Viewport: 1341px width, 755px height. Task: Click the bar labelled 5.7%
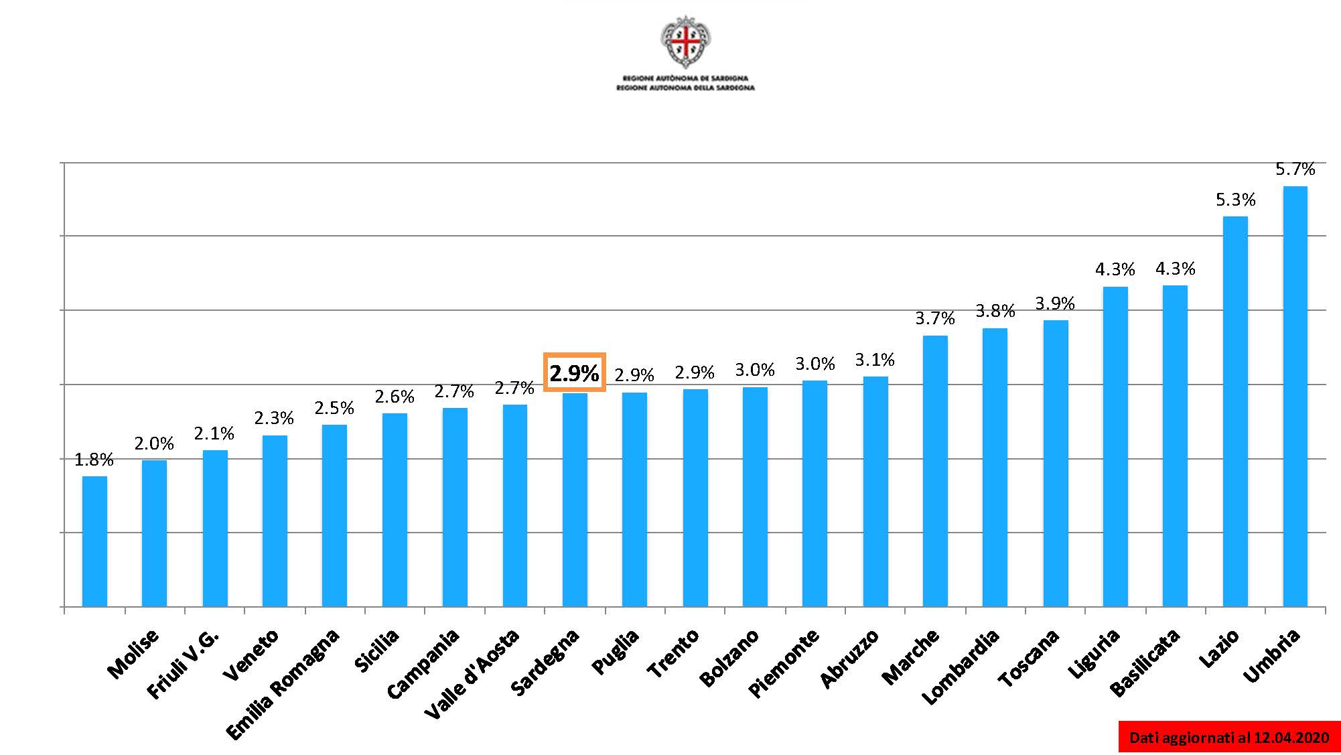click(1295, 396)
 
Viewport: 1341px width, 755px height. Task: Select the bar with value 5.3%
click(1235, 411)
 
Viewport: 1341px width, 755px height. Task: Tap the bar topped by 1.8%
click(94, 541)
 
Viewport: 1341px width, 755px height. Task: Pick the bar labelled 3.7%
click(935, 471)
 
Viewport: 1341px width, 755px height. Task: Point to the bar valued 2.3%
click(275, 521)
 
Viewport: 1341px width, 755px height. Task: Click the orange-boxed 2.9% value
click(574, 372)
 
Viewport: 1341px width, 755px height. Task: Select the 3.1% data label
click(875, 360)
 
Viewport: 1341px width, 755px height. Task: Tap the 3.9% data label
click(1055, 303)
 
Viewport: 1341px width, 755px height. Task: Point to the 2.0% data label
click(154, 443)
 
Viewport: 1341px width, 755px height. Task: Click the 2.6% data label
click(395, 397)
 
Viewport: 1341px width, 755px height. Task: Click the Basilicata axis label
click(1143, 663)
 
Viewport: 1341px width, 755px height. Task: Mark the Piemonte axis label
click(782, 663)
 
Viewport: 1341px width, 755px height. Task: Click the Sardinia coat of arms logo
click(685, 42)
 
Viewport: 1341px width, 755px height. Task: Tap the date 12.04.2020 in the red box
click(1291, 738)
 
